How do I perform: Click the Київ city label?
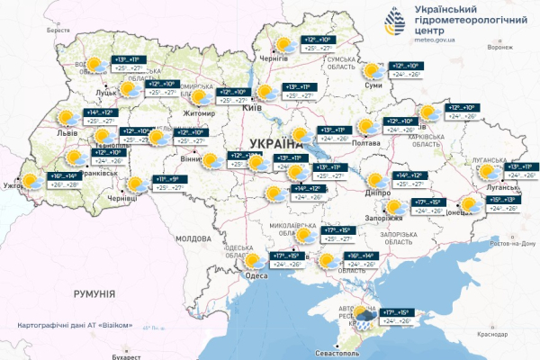tap(253, 108)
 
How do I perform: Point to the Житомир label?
tap(198, 114)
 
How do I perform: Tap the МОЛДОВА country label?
tap(191, 238)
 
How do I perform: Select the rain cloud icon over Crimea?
tap(364, 315)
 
